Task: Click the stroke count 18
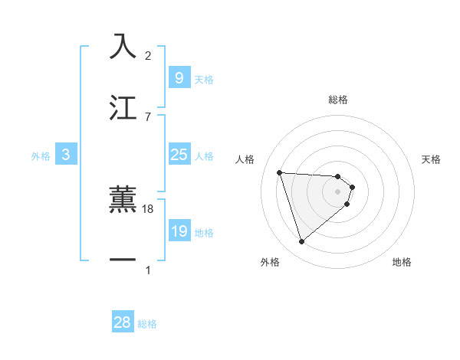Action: click(x=149, y=208)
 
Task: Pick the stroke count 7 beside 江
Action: click(x=148, y=116)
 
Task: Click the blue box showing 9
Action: click(x=179, y=77)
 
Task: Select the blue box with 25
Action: click(x=179, y=155)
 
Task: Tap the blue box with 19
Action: click(x=179, y=231)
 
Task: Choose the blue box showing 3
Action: click(x=66, y=155)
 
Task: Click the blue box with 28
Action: click(x=123, y=322)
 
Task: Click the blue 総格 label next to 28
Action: click(x=147, y=324)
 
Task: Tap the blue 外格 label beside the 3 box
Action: click(x=41, y=156)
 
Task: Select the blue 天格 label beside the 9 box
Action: click(x=203, y=79)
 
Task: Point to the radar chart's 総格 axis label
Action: click(x=338, y=100)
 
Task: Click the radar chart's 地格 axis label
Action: click(x=402, y=262)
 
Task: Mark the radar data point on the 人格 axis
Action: click(x=279, y=172)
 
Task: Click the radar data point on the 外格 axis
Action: click(x=301, y=242)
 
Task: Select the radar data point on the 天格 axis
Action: click(x=352, y=187)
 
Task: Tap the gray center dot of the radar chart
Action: click(x=338, y=191)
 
